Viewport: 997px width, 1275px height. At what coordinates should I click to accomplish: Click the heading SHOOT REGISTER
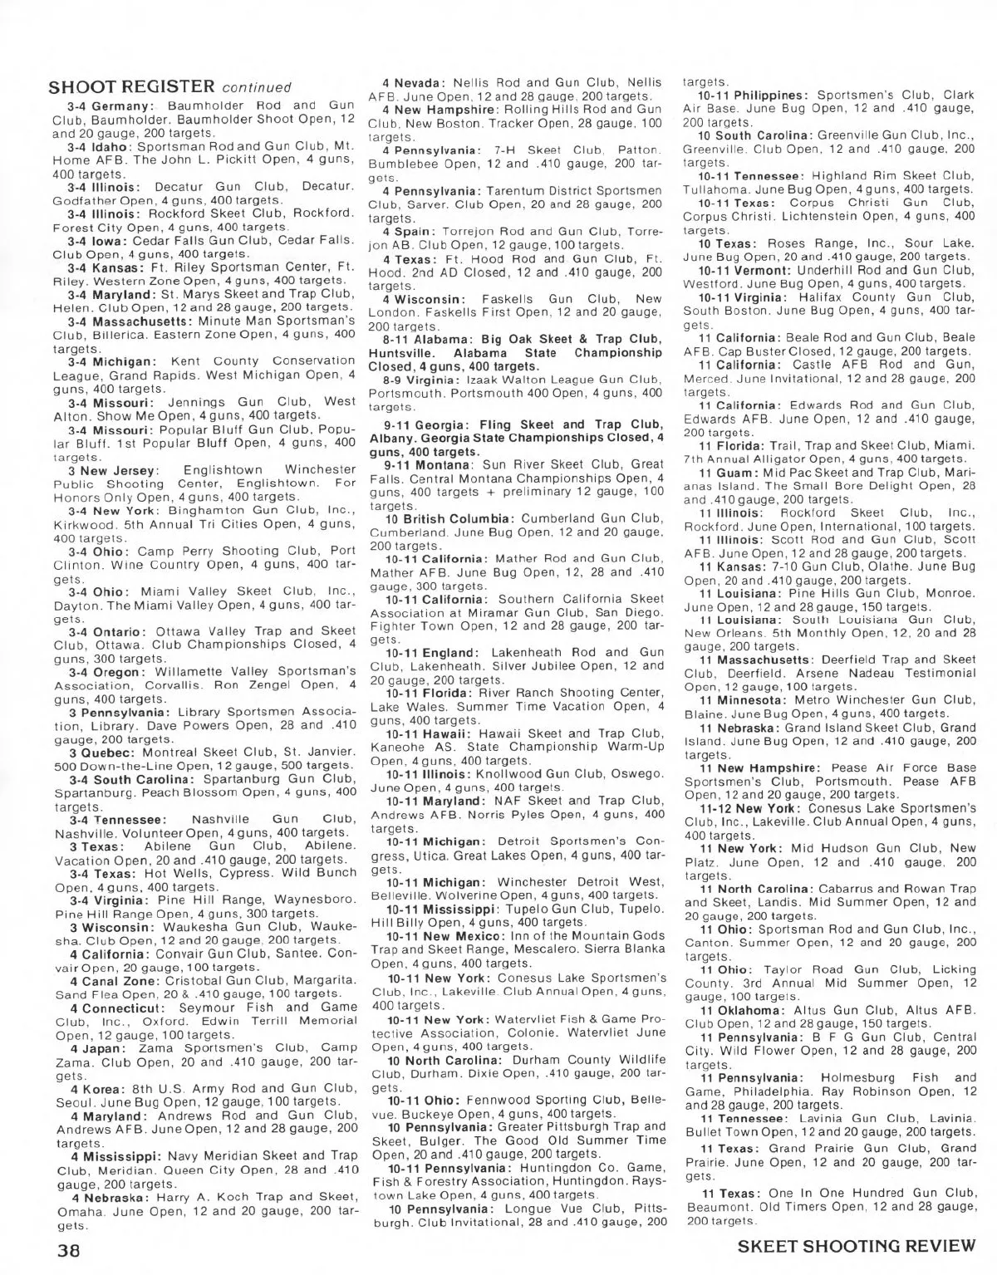pos(132,87)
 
